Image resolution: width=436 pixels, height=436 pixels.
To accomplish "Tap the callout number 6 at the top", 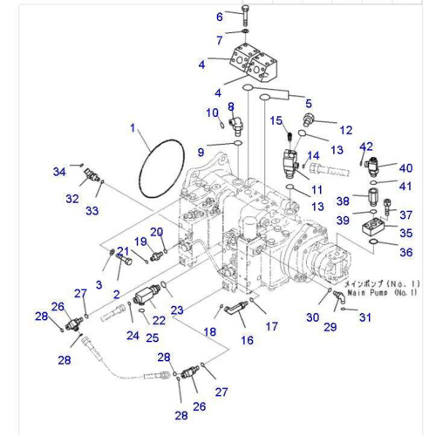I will click(x=220, y=16).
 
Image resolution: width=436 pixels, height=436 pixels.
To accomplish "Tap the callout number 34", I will click(x=59, y=171).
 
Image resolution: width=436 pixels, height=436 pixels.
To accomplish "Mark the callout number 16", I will click(x=247, y=340).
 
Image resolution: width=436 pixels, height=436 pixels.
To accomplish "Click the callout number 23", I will click(x=178, y=310).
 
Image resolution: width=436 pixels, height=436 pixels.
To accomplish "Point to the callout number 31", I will click(x=364, y=317).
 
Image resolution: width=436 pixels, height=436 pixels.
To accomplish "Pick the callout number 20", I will click(x=156, y=231).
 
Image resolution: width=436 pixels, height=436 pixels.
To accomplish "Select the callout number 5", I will click(x=307, y=103).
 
